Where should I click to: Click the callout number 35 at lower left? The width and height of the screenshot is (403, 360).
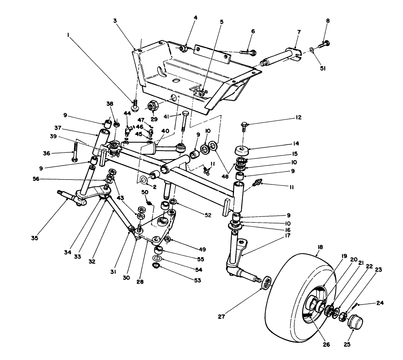click(x=35, y=238)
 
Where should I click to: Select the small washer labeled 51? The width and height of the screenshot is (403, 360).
click(x=312, y=50)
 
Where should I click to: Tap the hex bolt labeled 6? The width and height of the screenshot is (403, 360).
click(x=248, y=52)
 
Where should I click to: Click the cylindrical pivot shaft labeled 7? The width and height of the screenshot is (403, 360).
click(x=280, y=56)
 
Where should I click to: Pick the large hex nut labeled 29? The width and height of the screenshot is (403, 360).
click(x=152, y=105)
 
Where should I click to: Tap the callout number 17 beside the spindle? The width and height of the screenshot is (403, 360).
click(x=288, y=235)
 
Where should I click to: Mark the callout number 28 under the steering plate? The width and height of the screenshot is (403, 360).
click(x=140, y=282)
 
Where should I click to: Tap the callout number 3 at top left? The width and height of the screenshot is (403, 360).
click(x=115, y=21)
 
